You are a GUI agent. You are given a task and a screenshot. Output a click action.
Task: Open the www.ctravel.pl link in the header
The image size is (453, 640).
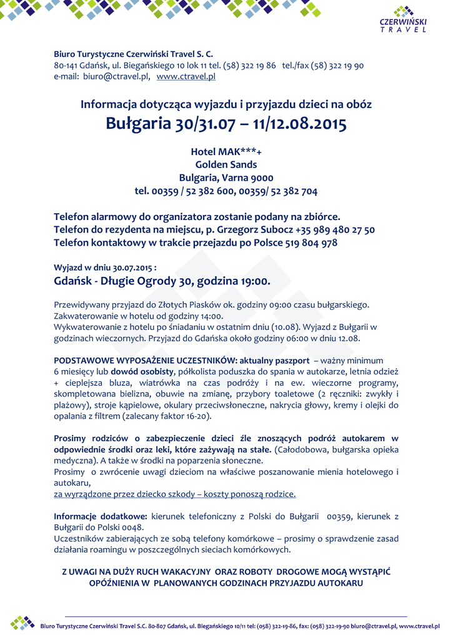coord(186,76)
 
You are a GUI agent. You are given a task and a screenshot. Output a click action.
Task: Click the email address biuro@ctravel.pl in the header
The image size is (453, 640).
coord(115,76)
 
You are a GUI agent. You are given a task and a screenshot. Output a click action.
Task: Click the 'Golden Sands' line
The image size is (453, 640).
coord(226,164)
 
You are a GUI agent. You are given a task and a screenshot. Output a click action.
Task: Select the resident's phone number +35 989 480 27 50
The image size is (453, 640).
coord(338,229)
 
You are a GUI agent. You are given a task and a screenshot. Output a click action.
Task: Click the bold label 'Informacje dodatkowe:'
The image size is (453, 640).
coord(101,516)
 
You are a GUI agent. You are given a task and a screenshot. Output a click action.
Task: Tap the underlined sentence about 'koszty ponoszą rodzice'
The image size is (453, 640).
coord(175,494)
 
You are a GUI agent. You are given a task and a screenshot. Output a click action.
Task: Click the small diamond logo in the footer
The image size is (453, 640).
coord(23,622)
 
